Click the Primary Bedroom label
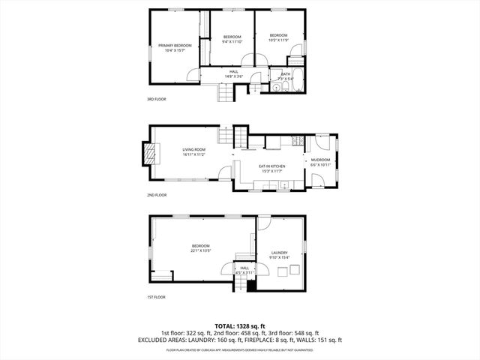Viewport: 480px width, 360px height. [175, 46]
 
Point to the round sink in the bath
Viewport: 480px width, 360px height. [276, 87]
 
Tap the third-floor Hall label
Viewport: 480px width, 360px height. [234, 72]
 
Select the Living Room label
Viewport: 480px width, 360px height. [193, 149]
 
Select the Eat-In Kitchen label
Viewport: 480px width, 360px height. [272, 166]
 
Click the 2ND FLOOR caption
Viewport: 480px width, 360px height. [156, 195]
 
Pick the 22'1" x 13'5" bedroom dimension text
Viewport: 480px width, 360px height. [200, 250]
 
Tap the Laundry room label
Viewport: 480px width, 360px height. [279, 253]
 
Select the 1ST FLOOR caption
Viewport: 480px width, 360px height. [156, 297]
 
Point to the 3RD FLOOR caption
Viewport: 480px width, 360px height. [156, 99]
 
